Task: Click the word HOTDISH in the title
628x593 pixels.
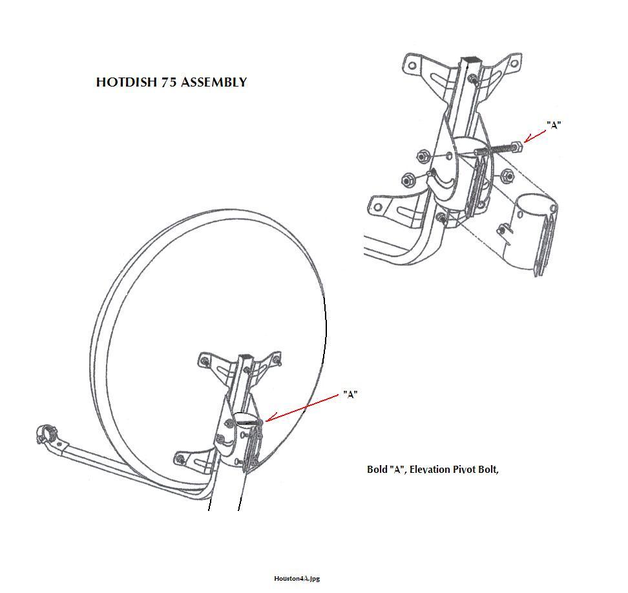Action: click(127, 82)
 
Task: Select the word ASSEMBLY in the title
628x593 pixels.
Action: click(214, 82)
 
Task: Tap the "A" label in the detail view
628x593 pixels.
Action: click(554, 125)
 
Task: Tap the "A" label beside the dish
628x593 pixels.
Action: click(350, 395)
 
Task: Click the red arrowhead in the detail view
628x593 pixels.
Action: click(529, 140)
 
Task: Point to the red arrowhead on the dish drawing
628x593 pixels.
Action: click(269, 419)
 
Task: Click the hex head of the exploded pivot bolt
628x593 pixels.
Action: click(517, 147)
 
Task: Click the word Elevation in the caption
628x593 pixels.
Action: click(430, 469)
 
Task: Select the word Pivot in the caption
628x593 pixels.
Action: click(465, 469)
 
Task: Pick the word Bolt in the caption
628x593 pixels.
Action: click(488, 469)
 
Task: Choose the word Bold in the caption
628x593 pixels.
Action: click(377, 469)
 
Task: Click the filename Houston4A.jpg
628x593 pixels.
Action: click(297, 578)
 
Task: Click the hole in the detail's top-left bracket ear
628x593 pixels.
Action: click(412, 64)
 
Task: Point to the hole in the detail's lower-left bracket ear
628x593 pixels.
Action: click(377, 207)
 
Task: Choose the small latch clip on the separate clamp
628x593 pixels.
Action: click(503, 230)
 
